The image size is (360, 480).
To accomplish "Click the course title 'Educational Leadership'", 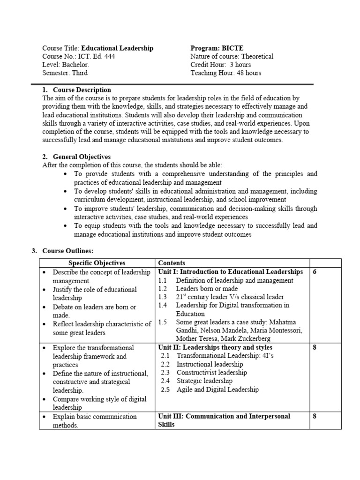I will pyautogui.click(x=117, y=48).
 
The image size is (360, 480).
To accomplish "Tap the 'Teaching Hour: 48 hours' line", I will pyautogui.click(x=225, y=73).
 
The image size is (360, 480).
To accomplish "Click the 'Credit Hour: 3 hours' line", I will pyautogui.click(x=220, y=65).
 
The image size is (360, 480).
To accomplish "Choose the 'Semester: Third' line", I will pyautogui.click(x=65, y=73).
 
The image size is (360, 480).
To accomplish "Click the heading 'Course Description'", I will pyautogui.click(x=82, y=90).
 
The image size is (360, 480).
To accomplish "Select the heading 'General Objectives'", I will pyautogui.click(x=82, y=157).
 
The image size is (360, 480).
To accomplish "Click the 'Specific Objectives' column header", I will pyautogui.click(x=97, y=263).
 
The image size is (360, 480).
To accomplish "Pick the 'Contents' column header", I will pyautogui.click(x=172, y=263).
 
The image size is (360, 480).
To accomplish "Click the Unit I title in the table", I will pyautogui.click(x=231, y=272).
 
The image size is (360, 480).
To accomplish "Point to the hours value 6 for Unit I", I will pyautogui.click(x=315, y=272).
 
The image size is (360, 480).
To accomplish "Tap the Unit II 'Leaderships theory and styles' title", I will pyautogui.click(x=215, y=348).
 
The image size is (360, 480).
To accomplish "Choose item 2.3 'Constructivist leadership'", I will pyautogui.click(x=211, y=373).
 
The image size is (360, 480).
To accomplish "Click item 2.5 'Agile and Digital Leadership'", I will pyautogui.click(x=217, y=390).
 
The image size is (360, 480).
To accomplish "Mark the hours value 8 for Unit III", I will pyautogui.click(x=315, y=416).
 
